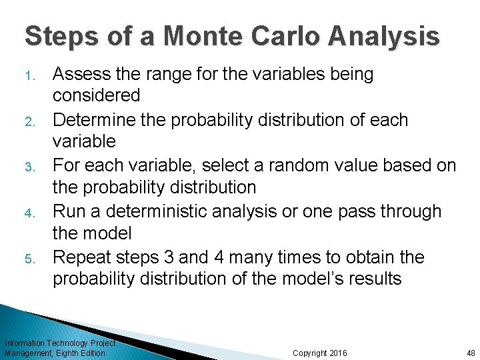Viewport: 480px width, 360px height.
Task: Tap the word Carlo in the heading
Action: click(x=290, y=36)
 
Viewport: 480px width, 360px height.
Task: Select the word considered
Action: click(x=97, y=96)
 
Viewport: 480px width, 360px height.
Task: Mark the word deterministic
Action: click(x=164, y=212)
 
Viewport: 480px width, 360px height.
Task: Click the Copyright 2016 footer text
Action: click(x=319, y=353)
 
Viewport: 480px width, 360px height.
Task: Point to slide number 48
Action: click(x=470, y=353)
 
